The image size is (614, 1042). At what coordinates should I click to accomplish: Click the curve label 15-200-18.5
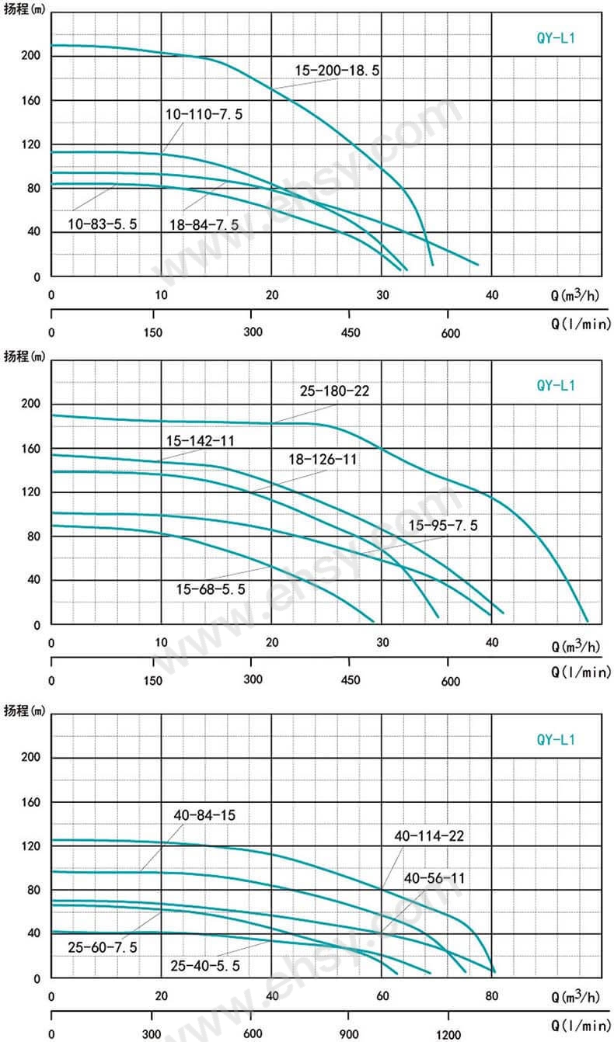(337, 71)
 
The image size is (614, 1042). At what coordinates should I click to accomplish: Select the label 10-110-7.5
(204, 114)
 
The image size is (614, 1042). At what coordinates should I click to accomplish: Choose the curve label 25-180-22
(335, 391)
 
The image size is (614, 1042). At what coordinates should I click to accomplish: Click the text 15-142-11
(201, 440)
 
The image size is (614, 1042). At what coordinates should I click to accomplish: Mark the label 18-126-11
(323, 459)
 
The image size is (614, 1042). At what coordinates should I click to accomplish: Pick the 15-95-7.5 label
(444, 526)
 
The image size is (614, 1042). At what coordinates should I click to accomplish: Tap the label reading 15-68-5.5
(211, 589)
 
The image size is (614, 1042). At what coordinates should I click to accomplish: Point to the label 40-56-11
(434, 878)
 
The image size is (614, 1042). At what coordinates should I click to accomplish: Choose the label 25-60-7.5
(102, 946)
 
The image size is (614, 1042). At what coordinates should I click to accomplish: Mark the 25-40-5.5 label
(205, 965)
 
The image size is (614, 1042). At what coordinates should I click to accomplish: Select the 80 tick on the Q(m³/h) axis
(491, 997)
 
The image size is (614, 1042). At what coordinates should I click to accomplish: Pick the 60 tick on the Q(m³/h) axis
(382, 997)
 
